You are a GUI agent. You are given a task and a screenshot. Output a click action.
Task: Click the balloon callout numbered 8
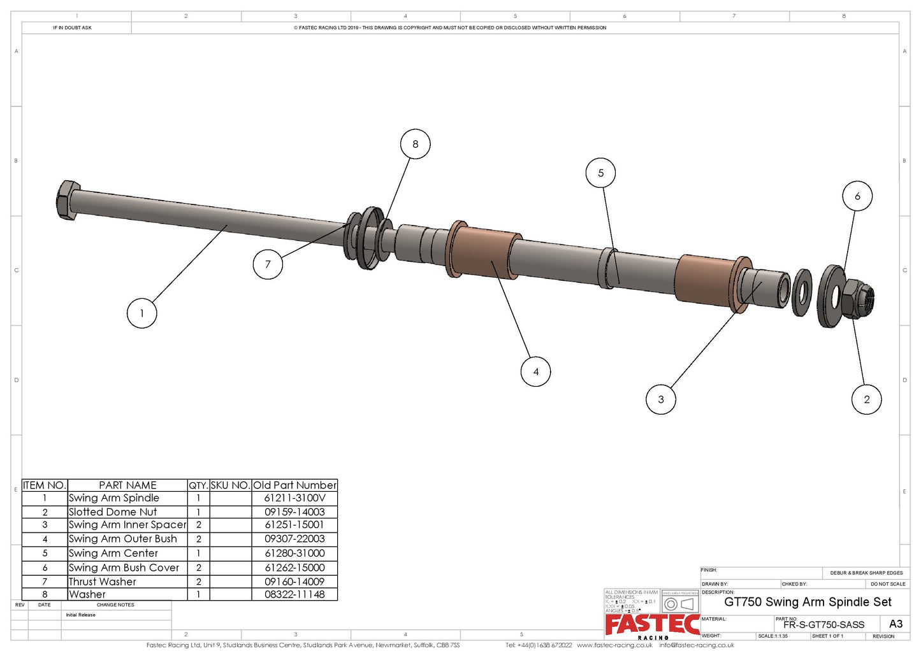415,144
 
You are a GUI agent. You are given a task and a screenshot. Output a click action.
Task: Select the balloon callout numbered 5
600,173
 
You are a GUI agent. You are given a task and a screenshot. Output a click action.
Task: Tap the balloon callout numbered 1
141,313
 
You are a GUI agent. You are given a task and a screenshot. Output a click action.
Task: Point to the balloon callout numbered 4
535,371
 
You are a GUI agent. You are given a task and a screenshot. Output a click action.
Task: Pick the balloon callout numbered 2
866,399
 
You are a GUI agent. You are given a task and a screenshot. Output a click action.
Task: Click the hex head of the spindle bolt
68,200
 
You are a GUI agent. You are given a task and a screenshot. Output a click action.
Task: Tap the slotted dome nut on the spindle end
857,299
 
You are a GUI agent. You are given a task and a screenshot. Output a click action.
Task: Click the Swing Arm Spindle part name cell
115,498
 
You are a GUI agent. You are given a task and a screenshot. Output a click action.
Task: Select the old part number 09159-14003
294,511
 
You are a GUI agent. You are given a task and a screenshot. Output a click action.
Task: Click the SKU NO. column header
230,485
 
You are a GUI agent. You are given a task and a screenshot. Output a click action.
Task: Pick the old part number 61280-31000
294,553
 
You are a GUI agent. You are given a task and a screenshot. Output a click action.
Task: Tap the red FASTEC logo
651,624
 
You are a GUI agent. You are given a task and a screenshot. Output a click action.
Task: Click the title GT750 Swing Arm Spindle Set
808,602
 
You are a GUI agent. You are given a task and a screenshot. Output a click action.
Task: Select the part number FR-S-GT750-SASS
823,625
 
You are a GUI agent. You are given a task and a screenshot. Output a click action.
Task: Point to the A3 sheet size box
896,624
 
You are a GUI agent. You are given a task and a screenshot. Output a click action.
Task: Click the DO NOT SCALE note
888,584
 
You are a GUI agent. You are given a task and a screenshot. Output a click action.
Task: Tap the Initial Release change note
81,615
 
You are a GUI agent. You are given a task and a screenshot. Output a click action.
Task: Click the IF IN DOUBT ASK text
72,28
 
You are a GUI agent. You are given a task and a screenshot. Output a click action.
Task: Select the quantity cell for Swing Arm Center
198,553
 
